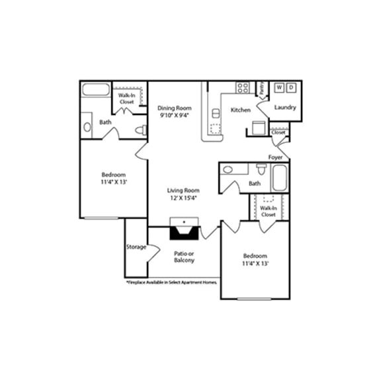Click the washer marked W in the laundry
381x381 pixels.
(x=279, y=88)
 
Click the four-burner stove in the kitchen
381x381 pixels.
(x=243, y=87)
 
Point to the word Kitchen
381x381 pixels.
(x=240, y=110)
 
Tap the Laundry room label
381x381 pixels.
(x=284, y=107)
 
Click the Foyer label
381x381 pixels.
(x=275, y=157)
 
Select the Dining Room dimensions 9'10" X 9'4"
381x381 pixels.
(x=175, y=115)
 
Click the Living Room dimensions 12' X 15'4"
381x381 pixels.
(x=183, y=198)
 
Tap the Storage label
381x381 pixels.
(x=136, y=247)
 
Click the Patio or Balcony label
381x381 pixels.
(x=184, y=257)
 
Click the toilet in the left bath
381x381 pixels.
(x=141, y=130)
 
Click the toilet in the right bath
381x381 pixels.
(x=261, y=169)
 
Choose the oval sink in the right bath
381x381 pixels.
(x=228, y=170)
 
